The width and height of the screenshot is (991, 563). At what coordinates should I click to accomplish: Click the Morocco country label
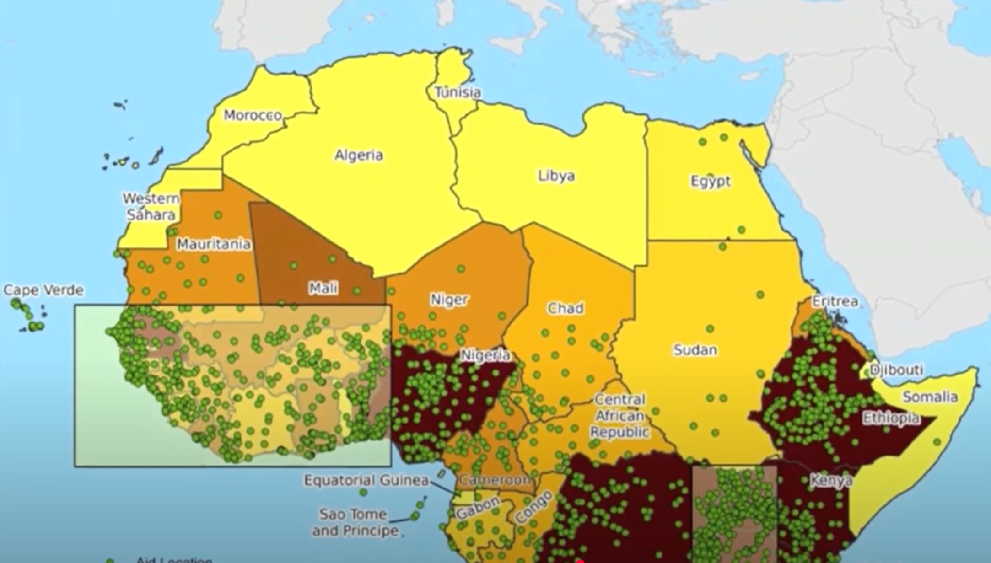[x=253, y=115]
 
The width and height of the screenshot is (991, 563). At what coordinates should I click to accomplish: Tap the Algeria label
[x=359, y=155]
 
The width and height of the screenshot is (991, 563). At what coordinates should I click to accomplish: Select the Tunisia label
[x=458, y=92]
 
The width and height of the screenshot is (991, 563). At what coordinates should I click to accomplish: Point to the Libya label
[x=556, y=176]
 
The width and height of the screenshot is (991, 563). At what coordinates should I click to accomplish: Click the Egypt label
[x=710, y=182]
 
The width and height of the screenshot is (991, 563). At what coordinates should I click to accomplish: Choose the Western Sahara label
[x=151, y=206]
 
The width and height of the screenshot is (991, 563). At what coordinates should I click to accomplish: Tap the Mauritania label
[x=214, y=244]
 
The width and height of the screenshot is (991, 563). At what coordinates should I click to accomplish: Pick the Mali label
[x=323, y=288]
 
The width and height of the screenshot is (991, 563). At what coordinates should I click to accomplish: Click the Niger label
[x=449, y=300]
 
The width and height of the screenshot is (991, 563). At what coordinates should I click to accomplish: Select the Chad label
[x=566, y=308]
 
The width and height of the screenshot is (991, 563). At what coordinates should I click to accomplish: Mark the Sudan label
[x=695, y=350]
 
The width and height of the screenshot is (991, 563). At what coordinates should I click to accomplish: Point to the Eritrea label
[x=835, y=301]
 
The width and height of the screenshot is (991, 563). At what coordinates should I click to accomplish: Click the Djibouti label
[x=896, y=370]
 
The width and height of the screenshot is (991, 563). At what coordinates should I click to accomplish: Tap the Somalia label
[x=930, y=397]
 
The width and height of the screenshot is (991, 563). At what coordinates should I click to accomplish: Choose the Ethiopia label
[x=891, y=418]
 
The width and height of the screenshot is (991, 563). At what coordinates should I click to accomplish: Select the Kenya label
[x=831, y=481]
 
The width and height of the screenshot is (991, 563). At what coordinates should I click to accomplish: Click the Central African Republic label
[x=619, y=415]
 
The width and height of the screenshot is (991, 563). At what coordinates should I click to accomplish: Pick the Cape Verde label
[x=43, y=290]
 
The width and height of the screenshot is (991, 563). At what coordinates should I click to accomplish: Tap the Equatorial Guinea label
[x=366, y=480]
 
